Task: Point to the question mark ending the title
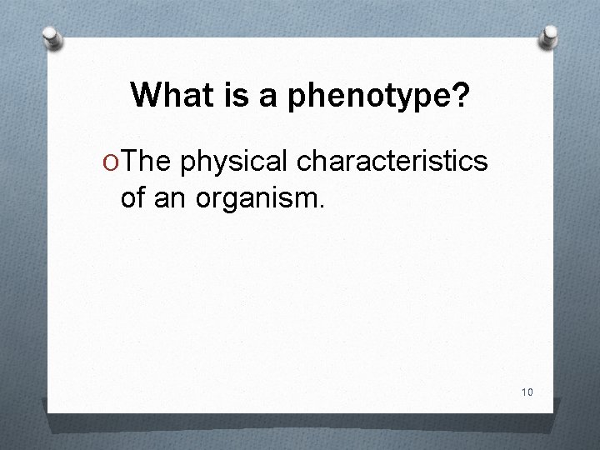click(x=459, y=97)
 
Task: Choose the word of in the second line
click(x=134, y=198)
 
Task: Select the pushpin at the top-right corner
click(x=549, y=35)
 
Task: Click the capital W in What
click(x=146, y=97)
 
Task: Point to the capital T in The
click(x=129, y=162)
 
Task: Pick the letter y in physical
click(x=214, y=165)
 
